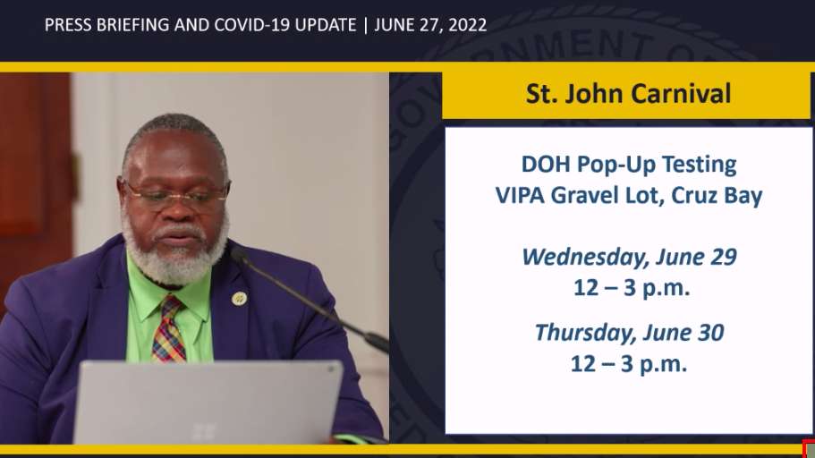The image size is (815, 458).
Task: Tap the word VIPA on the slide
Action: click(520, 196)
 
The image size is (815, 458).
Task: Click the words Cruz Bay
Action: click(717, 197)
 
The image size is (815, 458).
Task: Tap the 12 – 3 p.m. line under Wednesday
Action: click(632, 288)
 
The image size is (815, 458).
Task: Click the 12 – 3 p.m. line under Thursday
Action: click(629, 364)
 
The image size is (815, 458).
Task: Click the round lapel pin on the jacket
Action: click(239, 299)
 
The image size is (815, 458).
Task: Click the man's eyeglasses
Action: click(177, 194)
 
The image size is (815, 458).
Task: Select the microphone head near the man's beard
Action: click(239, 255)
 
